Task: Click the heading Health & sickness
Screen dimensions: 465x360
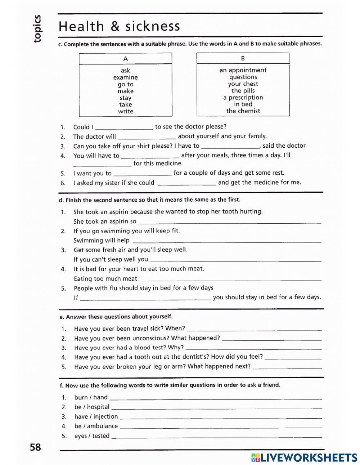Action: pyautogui.click(x=119, y=27)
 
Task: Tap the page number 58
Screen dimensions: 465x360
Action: pyautogui.click(x=35, y=447)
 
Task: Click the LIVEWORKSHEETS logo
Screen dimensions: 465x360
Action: pyautogui.click(x=304, y=457)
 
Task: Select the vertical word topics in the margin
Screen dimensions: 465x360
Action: pyautogui.click(x=37, y=29)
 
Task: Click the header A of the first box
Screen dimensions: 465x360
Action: pyautogui.click(x=125, y=59)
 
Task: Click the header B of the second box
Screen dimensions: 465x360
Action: pyautogui.click(x=243, y=58)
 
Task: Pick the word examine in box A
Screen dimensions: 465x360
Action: pyautogui.click(x=125, y=77)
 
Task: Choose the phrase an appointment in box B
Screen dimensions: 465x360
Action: pyautogui.click(x=243, y=70)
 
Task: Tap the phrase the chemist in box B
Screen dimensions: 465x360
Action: pyautogui.click(x=243, y=111)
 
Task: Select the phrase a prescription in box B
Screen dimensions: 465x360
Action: pyautogui.click(x=243, y=98)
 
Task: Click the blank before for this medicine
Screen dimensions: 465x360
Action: pyautogui.click(x=102, y=164)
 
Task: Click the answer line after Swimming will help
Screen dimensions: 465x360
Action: pyautogui.click(x=227, y=241)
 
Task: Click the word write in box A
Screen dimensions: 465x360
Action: pyautogui.click(x=125, y=112)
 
